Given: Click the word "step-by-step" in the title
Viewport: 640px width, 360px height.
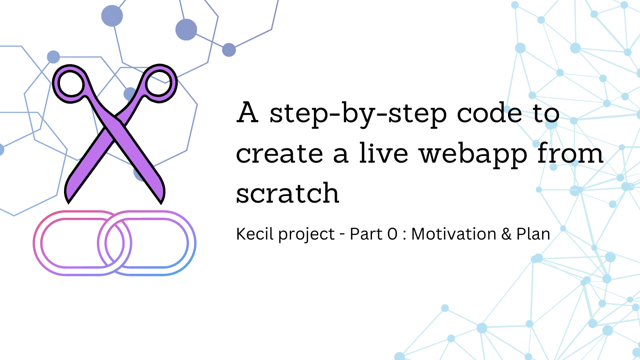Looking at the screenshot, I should (351, 114).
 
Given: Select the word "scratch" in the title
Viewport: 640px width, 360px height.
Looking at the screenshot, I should (288, 193).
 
